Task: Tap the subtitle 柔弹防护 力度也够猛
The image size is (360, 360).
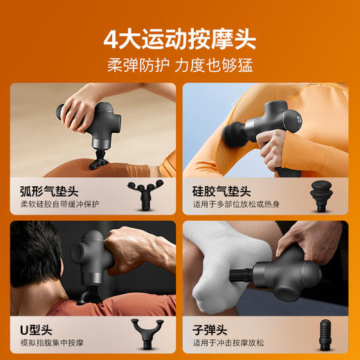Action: tap(179, 66)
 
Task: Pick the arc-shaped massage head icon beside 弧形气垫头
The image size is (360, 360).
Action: tap(147, 195)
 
